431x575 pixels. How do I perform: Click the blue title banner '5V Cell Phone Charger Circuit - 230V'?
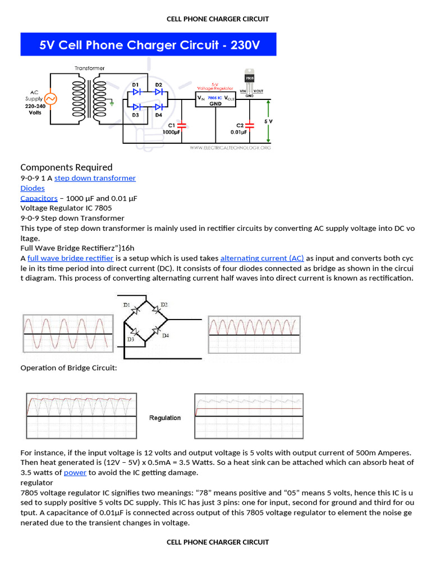[x=149, y=44]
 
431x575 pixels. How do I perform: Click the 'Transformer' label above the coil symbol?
[x=90, y=68]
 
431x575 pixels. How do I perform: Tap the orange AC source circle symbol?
[x=50, y=99]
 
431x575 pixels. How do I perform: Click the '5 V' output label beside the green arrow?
[x=268, y=121]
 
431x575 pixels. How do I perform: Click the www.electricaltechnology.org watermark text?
[x=230, y=148]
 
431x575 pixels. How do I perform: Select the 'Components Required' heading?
[x=66, y=167]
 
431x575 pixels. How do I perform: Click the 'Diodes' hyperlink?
[x=33, y=188]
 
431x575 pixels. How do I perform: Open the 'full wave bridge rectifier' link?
[x=71, y=258]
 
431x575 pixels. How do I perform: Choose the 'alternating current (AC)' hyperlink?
[x=262, y=258]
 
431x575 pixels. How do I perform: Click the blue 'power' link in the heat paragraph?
[x=75, y=473]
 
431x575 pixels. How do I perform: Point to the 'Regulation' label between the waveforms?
[x=165, y=418]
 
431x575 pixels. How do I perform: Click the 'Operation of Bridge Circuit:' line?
[x=68, y=368]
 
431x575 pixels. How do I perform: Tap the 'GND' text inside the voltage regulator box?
[x=215, y=104]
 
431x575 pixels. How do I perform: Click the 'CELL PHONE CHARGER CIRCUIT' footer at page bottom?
[x=218, y=542]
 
